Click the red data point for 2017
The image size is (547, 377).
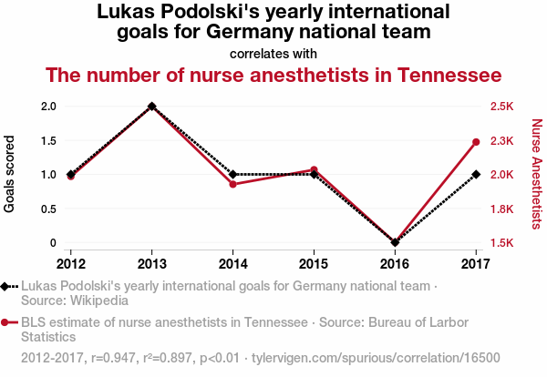tap(476, 142)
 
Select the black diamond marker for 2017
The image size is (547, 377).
tap(476, 174)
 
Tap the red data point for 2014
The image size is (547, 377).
tap(233, 184)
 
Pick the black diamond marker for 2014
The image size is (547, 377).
tap(233, 174)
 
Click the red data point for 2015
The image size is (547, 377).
tap(314, 169)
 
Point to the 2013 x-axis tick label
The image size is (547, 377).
tap(151, 264)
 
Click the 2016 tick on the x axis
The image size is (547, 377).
tap(395, 264)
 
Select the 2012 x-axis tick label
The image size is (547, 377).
tap(70, 264)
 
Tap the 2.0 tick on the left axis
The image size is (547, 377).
tap(48, 106)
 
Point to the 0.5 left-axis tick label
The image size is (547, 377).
tap(48, 209)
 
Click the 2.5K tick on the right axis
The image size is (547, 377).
tap(501, 106)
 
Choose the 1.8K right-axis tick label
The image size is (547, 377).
tap(501, 209)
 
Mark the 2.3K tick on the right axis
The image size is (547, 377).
tap(501, 140)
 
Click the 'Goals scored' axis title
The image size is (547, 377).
tap(11, 175)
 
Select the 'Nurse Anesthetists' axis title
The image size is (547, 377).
tap(537, 174)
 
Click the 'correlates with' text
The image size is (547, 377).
tap(273, 53)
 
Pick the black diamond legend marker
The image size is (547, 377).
tap(7, 286)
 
